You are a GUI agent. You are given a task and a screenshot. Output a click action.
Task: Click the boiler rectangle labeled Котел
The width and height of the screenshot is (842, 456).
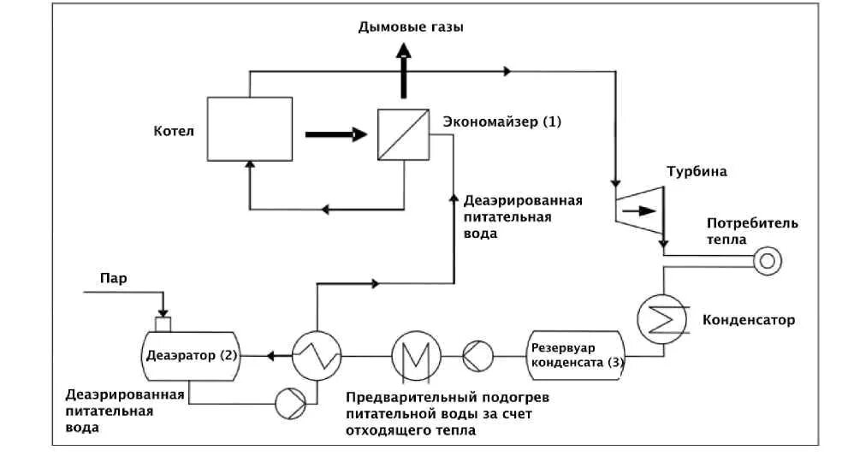click(x=249, y=128)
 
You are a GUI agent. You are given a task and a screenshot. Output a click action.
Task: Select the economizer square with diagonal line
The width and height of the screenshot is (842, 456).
click(x=403, y=134)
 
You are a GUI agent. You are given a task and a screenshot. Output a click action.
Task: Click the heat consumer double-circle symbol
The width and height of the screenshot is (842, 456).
click(x=762, y=259)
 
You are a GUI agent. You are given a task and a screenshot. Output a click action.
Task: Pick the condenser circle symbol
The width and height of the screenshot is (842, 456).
click(x=662, y=319)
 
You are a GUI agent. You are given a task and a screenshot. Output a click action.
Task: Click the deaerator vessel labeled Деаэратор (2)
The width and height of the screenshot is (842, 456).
click(x=189, y=354)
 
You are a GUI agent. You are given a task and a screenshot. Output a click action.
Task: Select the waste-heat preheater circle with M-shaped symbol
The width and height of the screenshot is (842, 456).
click(x=417, y=354)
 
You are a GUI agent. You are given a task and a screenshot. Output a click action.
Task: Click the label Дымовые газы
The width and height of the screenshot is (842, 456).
click(x=411, y=27)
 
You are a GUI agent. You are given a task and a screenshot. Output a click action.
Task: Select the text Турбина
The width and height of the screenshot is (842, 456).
click(x=697, y=171)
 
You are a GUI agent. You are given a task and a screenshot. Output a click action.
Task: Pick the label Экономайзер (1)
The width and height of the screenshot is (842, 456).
click(x=501, y=121)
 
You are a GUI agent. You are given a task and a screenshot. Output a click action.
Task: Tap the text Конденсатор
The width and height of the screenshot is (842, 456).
click(x=748, y=320)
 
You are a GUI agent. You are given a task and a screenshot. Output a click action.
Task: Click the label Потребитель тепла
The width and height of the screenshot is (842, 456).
click(x=752, y=231)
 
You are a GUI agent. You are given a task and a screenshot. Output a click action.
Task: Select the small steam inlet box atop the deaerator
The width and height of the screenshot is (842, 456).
click(x=163, y=323)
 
